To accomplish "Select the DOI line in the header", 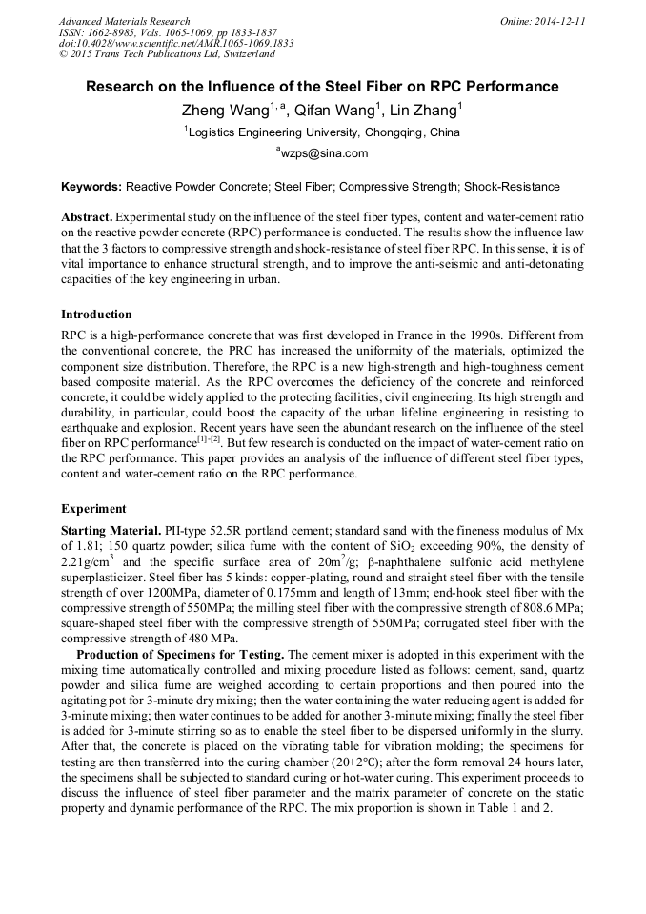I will [176, 43].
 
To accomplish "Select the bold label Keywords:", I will [91, 187].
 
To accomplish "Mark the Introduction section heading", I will [96, 315].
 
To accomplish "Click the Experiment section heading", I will [93, 509].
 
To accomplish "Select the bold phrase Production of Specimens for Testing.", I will [179, 655].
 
